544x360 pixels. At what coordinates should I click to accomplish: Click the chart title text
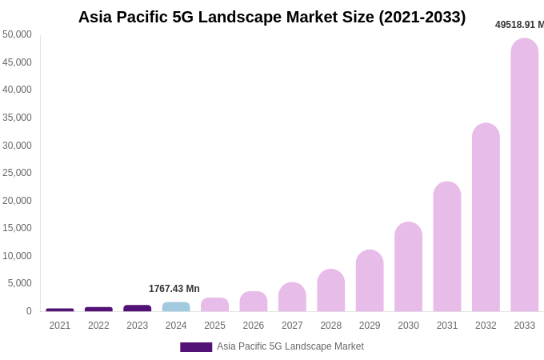pos(272,17)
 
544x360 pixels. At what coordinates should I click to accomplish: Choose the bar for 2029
pos(370,281)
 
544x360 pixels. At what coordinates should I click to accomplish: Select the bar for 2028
pos(330,290)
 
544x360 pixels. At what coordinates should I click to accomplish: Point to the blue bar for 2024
pos(176,306)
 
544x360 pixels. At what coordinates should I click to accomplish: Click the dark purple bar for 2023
pos(137,308)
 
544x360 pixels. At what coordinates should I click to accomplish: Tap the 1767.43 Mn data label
pos(174,289)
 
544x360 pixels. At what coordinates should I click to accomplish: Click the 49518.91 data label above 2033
pos(519,25)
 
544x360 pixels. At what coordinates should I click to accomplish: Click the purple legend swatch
pos(196,347)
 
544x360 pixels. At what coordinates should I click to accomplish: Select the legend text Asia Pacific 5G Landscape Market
pos(290,346)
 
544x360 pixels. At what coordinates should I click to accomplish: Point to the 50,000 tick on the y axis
pos(17,34)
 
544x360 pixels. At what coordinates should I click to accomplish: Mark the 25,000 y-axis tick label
pos(17,173)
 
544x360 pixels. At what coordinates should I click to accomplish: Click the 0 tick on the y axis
pos(29,311)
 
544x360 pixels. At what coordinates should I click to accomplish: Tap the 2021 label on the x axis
pos(60,326)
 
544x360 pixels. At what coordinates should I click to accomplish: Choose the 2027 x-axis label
pos(292,326)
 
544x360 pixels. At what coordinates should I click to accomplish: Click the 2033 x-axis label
pos(524,326)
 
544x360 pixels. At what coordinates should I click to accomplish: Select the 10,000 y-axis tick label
pos(17,256)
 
